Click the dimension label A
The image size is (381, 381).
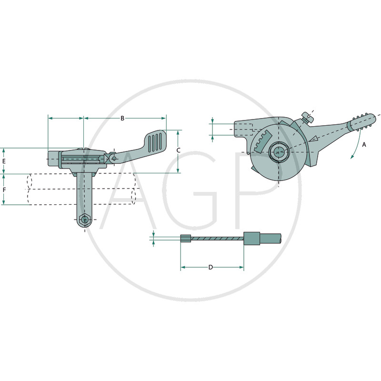(x=364, y=145)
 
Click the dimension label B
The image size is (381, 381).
(x=122, y=118)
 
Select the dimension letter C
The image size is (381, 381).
(x=178, y=150)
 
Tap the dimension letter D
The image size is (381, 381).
(x=211, y=267)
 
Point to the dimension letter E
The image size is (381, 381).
(x=4, y=161)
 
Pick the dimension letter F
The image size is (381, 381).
(x=4, y=190)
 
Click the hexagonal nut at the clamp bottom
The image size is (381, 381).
(x=85, y=220)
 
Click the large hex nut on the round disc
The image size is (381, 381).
(x=279, y=152)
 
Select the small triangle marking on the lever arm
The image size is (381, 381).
(x=314, y=139)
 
